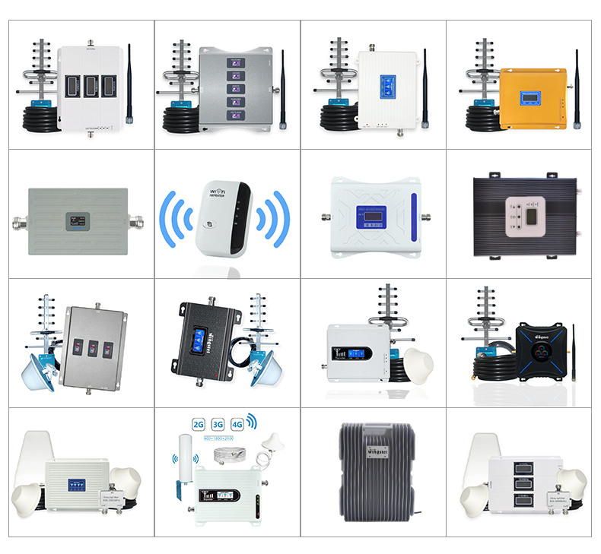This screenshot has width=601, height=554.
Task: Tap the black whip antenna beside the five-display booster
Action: click(x=283, y=84)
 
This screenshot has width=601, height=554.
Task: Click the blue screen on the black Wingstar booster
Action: click(x=201, y=340)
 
